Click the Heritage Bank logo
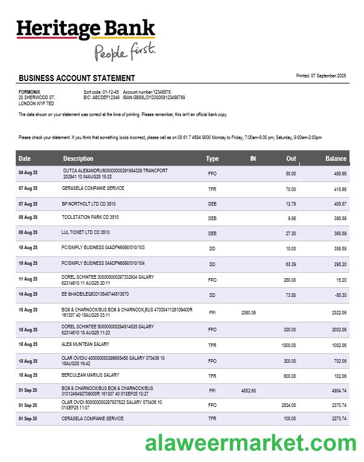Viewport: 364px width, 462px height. point(86,29)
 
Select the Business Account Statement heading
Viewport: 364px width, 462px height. point(77,78)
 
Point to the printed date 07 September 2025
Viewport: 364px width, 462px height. point(321,76)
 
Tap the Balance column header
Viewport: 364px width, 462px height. point(336,158)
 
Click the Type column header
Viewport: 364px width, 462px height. point(212,158)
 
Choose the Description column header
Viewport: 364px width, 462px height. point(78,158)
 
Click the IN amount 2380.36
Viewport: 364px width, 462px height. point(249,313)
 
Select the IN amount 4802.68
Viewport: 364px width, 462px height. point(249,391)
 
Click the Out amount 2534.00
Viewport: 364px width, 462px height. point(288,405)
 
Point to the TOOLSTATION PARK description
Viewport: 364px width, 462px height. point(90,217)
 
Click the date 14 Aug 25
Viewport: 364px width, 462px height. point(28,294)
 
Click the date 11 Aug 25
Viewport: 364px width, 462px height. point(28,279)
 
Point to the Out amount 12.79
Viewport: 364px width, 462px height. point(291,204)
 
